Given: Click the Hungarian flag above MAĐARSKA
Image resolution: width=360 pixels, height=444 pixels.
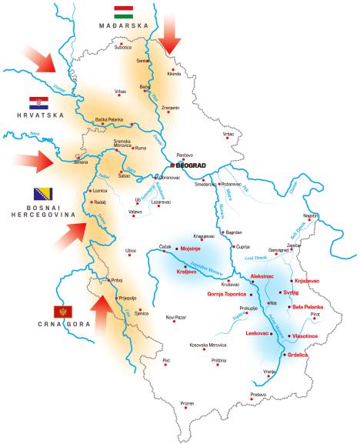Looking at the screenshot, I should click(x=125, y=12).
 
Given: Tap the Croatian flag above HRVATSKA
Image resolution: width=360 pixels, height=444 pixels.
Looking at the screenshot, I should click(x=39, y=103).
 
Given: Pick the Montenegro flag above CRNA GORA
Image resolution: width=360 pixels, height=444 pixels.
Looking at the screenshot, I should click(x=62, y=312).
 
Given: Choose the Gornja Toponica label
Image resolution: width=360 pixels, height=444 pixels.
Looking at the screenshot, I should click(x=228, y=294).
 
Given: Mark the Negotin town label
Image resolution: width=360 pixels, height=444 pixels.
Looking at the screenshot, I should click(x=310, y=215).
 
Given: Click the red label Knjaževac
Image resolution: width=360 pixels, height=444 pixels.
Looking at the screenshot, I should click(x=308, y=281).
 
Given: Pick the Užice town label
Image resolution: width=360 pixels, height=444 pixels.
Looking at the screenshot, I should click(x=131, y=250).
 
